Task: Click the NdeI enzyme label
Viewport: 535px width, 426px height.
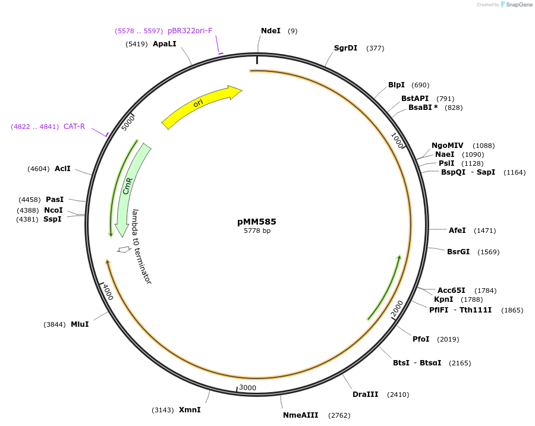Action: [270, 30]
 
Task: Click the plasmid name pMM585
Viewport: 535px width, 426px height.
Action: [257, 222]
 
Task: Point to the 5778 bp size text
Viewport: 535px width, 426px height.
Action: [257, 231]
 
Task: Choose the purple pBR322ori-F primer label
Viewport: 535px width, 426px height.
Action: [190, 30]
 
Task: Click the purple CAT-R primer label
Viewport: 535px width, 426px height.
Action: [74, 127]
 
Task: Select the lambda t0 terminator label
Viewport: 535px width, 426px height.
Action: [142, 246]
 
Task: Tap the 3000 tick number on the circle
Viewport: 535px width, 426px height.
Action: [247, 388]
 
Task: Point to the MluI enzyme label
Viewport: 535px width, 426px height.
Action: [80, 324]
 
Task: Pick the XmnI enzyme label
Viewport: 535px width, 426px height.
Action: [190, 409]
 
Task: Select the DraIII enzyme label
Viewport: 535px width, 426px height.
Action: [365, 394]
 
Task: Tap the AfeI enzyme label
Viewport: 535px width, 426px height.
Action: [457, 230]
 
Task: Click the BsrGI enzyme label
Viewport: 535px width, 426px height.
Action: [458, 251]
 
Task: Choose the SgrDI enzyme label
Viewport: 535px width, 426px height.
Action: [345, 48]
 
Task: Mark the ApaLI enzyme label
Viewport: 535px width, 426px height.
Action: [165, 44]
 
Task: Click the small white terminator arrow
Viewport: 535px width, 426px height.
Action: [124, 250]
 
